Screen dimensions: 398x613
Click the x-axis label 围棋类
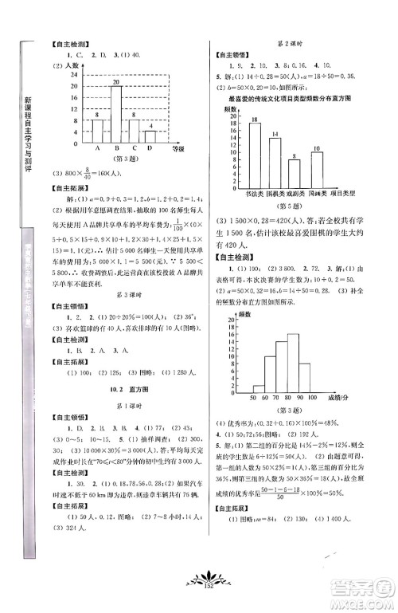275,193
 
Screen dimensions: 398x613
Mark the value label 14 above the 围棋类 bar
275,133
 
